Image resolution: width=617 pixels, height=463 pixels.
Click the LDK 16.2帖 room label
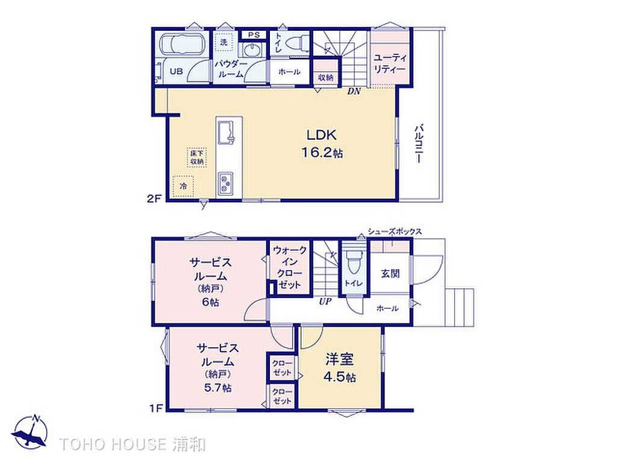pyautogui.click(x=322, y=143)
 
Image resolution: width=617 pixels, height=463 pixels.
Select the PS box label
pyautogui.click(x=254, y=34)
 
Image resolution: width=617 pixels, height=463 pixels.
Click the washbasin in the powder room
pyautogui.click(x=250, y=51)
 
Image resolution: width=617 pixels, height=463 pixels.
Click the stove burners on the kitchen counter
pyautogui.click(x=225, y=183)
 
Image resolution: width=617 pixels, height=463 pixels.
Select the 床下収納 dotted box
pyautogui.click(x=197, y=157)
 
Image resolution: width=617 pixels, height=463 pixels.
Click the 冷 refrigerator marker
pyautogui.click(x=183, y=186)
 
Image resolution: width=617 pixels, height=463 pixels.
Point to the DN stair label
pyautogui.click(x=354, y=92)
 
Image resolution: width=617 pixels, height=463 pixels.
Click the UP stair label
pyautogui.click(x=325, y=302)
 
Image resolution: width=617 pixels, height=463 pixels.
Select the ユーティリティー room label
pyautogui.click(x=390, y=63)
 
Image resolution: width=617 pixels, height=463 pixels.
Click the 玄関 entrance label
pyautogui.click(x=390, y=273)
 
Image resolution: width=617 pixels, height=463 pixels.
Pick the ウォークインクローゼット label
pyautogui.click(x=289, y=267)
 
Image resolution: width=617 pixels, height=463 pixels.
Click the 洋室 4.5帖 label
pyautogui.click(x=340, y=368)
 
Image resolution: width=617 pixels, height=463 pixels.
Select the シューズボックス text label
pyautogui.click(x=395, y=231)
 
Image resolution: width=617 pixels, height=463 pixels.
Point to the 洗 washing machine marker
pyautogui.click(x=224, y=42)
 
